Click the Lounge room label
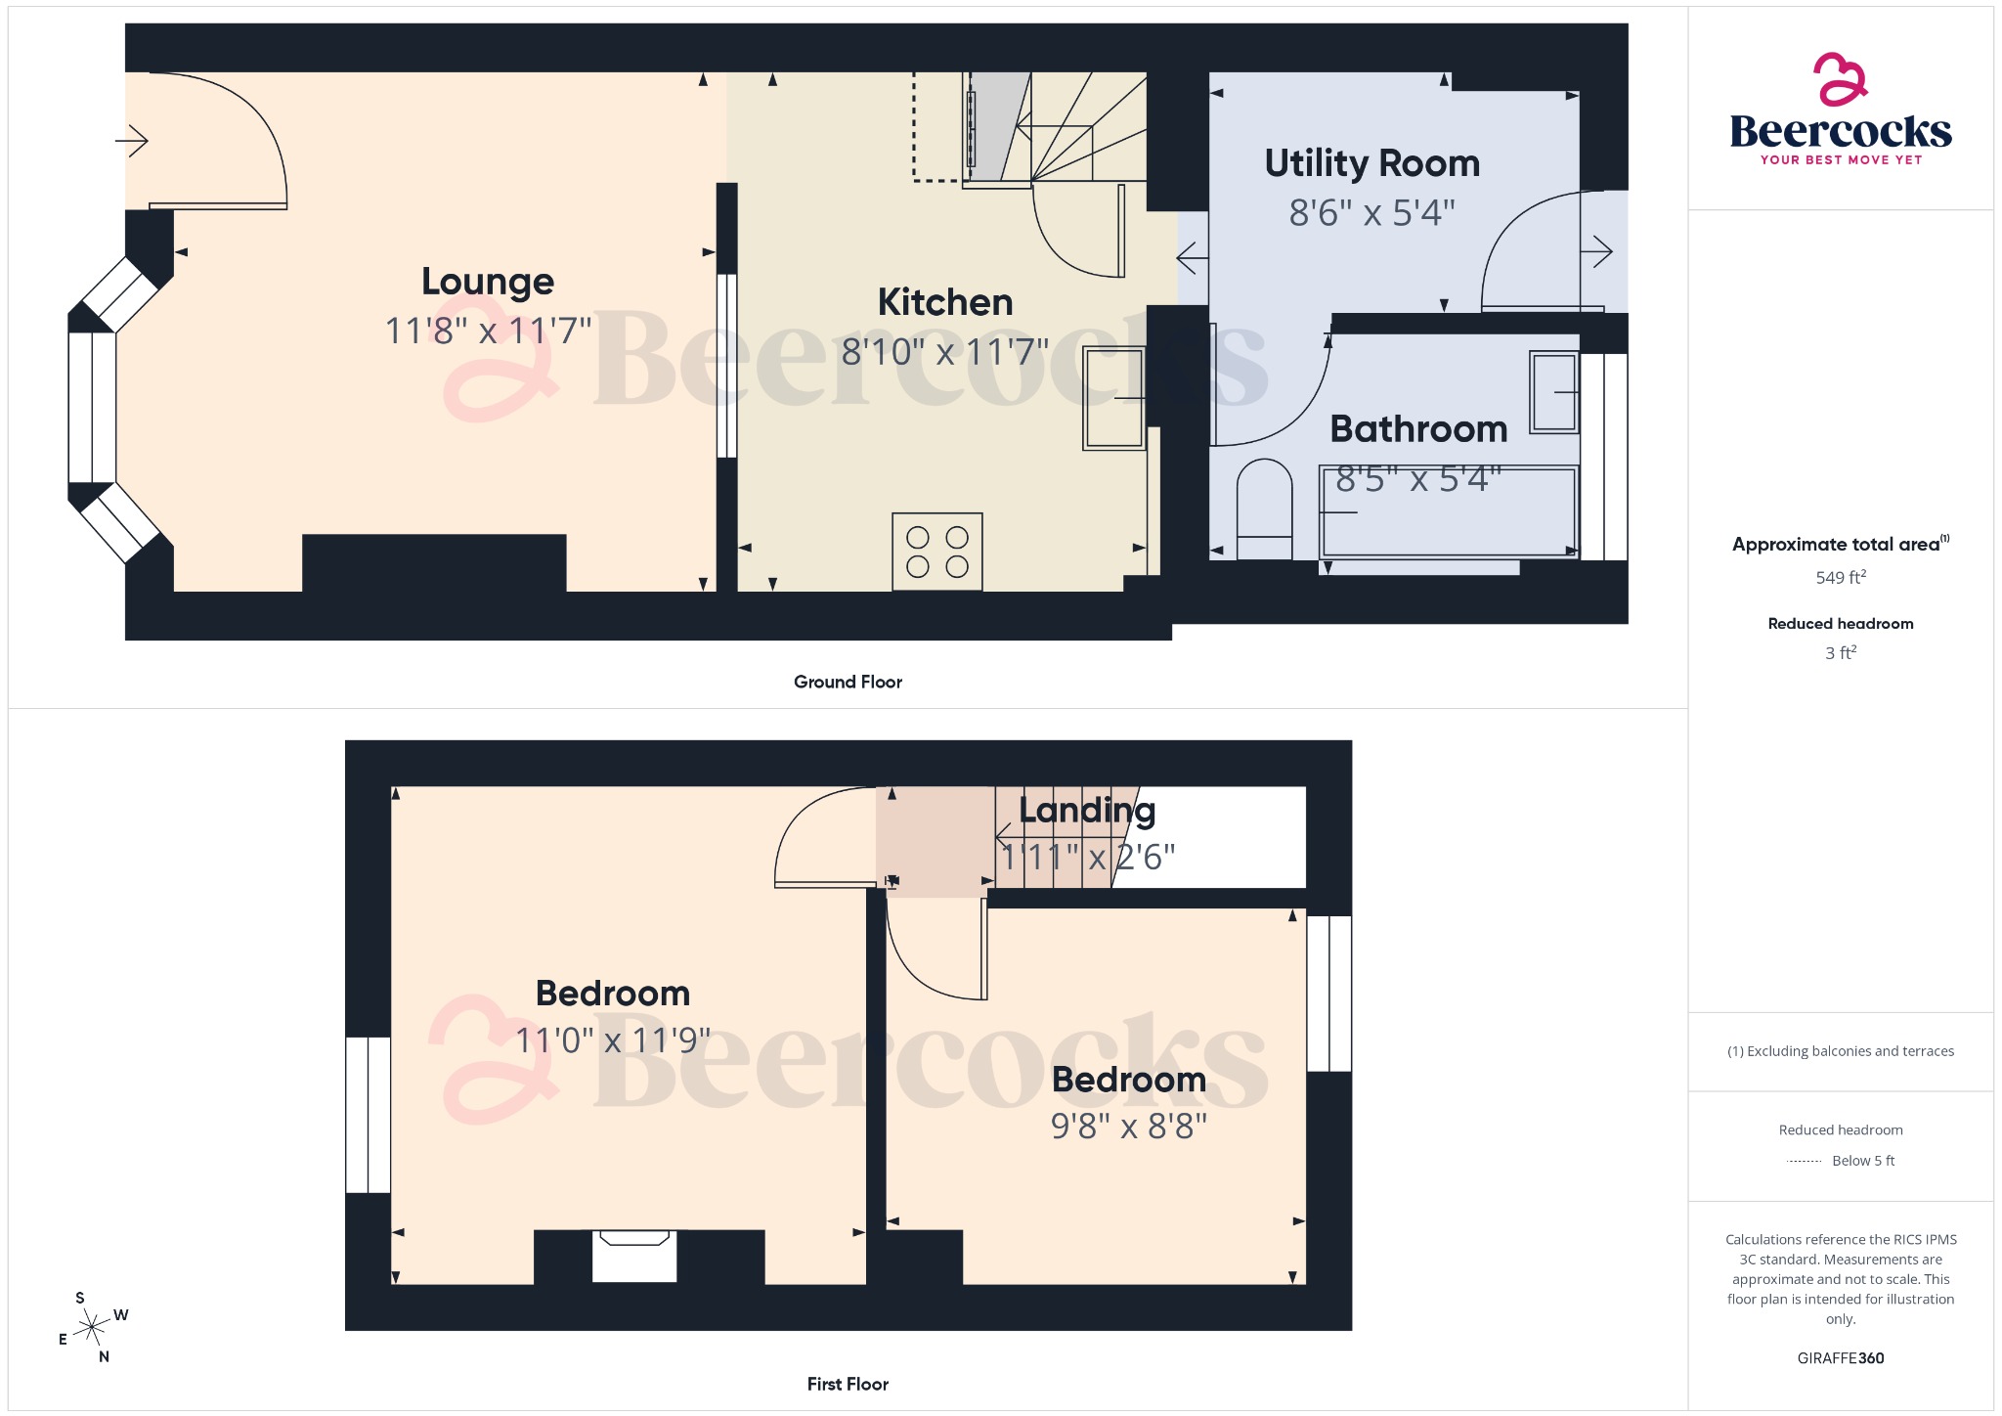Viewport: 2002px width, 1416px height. click(x=488, y=282)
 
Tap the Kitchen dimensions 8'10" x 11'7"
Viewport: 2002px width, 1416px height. click(x=944, y=351)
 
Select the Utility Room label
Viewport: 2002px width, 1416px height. click(x=1371, y=163)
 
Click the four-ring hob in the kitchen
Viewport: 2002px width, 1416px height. click(x=936, y=552)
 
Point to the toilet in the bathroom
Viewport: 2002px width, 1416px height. click(x=1264, y=509)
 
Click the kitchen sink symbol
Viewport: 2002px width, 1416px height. click(x=1113, y=398)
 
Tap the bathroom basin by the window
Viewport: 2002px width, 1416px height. click(x=1553, y=392)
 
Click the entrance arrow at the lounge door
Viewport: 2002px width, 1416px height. click(x=132, y=141)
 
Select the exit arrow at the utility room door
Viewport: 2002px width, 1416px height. click(x=1596, y=252)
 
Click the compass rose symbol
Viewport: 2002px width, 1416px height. click(x=92, y=1327)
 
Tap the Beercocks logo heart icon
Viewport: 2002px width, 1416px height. click(x=1840, y=80)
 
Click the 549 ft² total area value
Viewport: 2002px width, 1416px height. click(x=1840, y=578)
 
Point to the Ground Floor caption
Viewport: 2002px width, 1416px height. click(x=848, y=682)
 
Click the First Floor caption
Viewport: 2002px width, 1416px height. click(x=848, y=1384)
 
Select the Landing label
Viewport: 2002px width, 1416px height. click(x=1086, y=810)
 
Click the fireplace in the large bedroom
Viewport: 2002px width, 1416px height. click(x=634, y=1256)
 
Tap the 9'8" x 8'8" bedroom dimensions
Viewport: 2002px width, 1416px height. click(x=1128, y=1127)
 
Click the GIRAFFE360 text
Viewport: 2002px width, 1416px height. click(x=1840, y=1358)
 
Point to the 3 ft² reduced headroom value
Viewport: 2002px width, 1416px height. click(x=1840, y=653)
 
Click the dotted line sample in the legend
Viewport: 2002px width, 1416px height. click(x=1804, y=1162)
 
